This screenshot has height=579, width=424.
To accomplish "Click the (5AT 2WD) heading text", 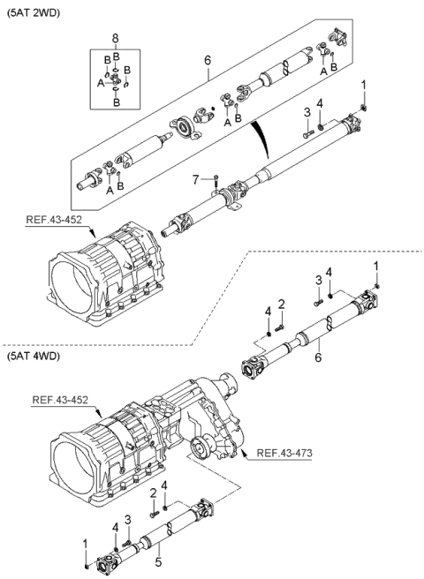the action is pos(33,13).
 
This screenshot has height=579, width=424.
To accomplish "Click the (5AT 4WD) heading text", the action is pos(33,357).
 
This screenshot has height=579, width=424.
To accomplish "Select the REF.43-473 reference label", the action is pos(284,453).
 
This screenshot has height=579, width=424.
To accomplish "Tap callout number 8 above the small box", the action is pos(116,38).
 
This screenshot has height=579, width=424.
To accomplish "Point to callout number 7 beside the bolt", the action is pos(197,181).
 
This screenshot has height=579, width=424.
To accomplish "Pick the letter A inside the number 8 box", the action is pos(101,84).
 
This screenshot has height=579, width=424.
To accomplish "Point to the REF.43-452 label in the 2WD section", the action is pos(54,220).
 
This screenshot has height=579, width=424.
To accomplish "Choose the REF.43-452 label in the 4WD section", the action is pos(60,400).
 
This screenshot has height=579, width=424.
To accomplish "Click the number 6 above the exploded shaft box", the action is pos(208,60).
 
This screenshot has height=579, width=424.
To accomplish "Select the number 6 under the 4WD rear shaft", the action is pos(318,357).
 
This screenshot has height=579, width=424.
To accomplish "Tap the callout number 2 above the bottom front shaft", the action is pos(153,493).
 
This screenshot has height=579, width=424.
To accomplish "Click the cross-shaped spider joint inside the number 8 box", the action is pos(116,79).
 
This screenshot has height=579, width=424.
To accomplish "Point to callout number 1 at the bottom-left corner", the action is pos(85,544).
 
